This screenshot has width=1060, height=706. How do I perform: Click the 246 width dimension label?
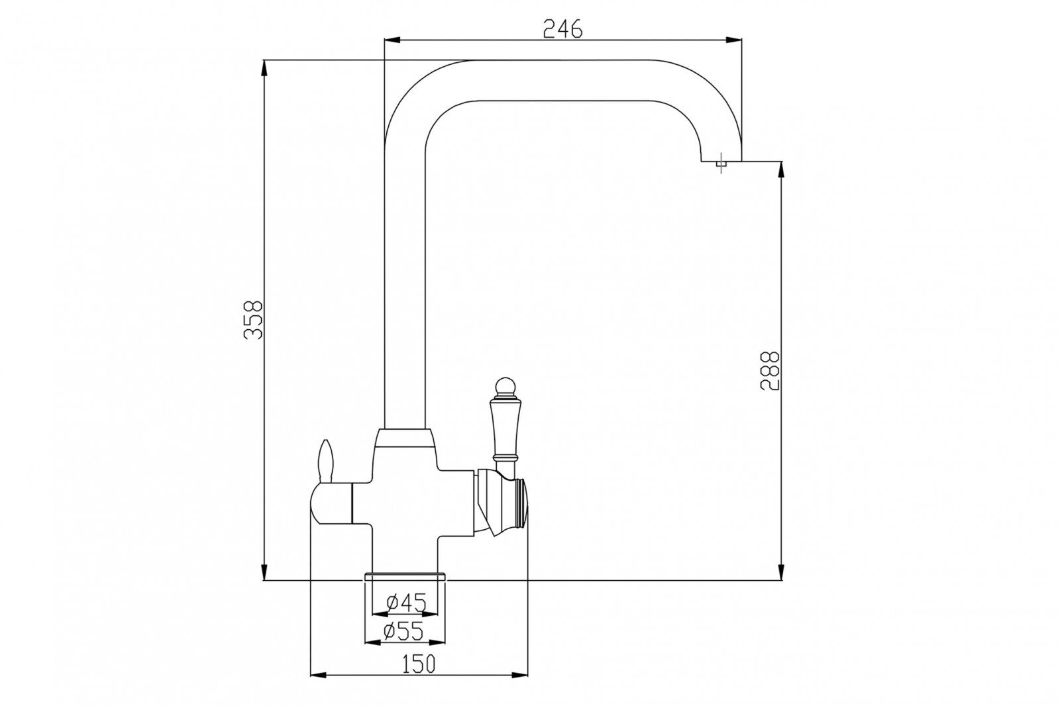[562, 29]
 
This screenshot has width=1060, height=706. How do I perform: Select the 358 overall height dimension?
[252, 320]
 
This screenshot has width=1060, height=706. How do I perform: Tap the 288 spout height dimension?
[769, 370]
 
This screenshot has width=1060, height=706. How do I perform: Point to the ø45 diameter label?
[407, 602]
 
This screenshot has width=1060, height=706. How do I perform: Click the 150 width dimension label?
[418, 664]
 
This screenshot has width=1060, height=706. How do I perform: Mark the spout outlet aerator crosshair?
[721, 163]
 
